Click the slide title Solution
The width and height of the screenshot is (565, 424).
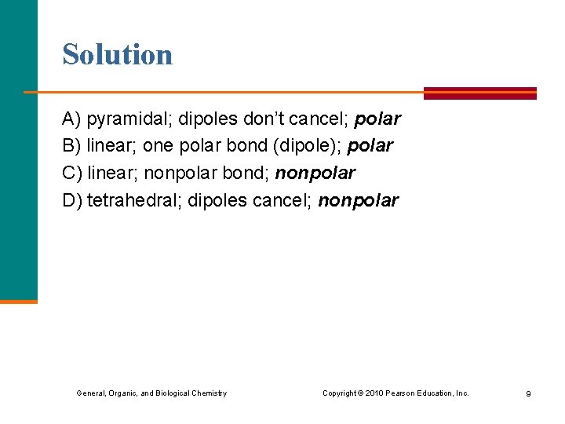click(118, 55)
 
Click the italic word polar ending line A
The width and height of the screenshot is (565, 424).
click(377, 119)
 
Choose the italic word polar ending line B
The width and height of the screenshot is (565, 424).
click(370, 146)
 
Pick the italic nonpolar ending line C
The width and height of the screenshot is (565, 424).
click(315, 173)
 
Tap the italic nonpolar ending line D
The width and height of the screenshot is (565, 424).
click(358, 200)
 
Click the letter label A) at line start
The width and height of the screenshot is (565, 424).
click(72, 119)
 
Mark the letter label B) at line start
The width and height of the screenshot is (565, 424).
click(72, 146)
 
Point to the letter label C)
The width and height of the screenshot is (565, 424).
click(72, 173)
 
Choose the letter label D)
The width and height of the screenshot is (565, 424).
click(72, 200)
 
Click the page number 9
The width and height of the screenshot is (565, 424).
click(528, 393)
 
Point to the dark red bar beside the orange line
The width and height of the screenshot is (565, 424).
click(479, 93)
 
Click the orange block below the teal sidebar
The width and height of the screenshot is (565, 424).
click(18, 301)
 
